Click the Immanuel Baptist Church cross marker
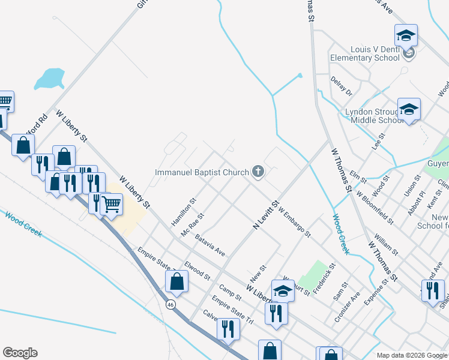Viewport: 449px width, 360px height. coord(258,173)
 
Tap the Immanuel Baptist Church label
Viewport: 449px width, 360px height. coord(202,173)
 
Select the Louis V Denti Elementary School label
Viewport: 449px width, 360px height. coord(364,54)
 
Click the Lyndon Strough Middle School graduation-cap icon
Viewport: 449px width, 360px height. coord(409,109)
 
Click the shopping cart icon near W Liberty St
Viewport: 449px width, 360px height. coord(111,204)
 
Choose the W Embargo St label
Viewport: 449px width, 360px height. coord(294,222)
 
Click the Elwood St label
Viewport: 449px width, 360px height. coord(197,271)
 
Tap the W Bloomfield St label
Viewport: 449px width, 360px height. coord(375,208)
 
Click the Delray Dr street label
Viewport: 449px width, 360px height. coord(340,85)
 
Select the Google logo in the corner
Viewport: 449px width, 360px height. coord(20,353)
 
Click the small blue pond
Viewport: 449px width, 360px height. coord(49,79)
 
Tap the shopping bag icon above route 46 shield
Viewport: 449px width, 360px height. coord(177,281)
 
